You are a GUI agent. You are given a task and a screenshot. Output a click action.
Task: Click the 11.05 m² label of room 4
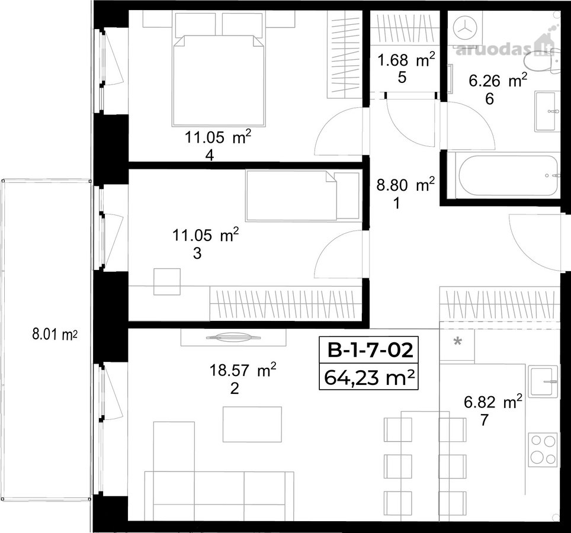click(x=218, y=137)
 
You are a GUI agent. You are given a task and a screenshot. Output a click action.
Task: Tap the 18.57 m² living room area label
click(x=242, y=371)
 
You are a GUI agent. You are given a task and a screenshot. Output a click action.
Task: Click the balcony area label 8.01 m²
click(x=54, y=334)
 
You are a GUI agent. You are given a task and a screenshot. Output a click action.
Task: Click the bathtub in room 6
click(x=509, y=176)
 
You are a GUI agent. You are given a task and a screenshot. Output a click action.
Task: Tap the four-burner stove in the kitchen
click(x=543, y=449)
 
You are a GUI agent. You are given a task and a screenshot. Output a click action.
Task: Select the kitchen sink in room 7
click(x=543, y=382)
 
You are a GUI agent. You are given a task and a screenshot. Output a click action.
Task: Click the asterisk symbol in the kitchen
click(x=457, y=342)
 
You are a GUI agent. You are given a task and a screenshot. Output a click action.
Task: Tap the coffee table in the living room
click(x=252, y=424)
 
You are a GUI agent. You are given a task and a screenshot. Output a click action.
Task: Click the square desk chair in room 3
click(x=167, y=281)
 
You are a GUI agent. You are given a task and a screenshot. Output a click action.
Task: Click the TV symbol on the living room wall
click(x=233, y=338)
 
